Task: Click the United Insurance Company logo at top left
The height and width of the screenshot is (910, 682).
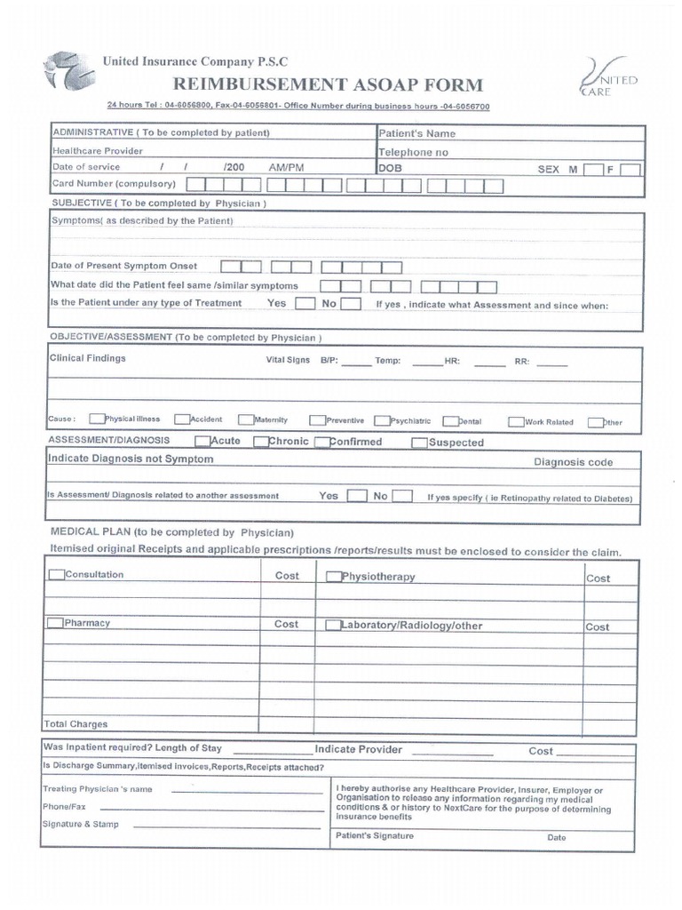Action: [67, 72]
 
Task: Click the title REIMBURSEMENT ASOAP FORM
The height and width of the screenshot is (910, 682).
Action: [329, 85]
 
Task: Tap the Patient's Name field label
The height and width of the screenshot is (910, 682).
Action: [416, 133]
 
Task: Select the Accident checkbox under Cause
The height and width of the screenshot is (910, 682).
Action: [182, 420]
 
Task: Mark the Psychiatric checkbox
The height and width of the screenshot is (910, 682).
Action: [382, 421]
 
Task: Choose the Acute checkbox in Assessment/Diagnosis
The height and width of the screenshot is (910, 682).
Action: [203, 441]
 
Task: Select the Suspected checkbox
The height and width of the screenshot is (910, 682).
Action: [419, 443]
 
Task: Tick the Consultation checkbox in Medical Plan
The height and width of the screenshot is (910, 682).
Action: [57, 575]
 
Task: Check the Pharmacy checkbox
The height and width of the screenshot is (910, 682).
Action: [56, 623]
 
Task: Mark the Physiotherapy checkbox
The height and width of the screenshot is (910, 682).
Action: [334, 577]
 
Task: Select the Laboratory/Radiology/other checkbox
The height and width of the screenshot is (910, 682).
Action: [334, 626]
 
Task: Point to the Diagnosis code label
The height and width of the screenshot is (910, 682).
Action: [573, 462]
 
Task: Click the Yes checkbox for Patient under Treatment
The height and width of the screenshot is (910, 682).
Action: [305, 304]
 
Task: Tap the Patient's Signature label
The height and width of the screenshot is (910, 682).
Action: [374, 836]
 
